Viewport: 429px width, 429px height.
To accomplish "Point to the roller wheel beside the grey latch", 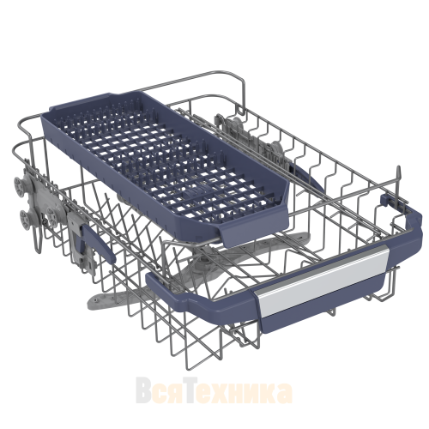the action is click(53, 215).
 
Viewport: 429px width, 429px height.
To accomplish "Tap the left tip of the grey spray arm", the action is click(92, 301).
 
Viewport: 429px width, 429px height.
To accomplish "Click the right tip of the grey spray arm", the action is click(305, 236).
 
